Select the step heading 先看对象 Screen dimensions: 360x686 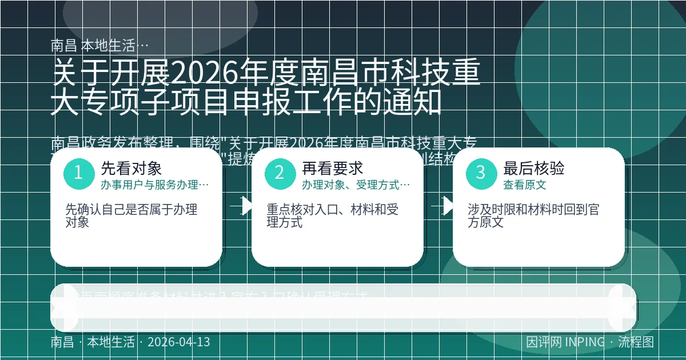click(131, 168)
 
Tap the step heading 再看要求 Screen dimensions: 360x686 click(332, 168)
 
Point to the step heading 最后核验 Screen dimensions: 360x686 click(533, 168)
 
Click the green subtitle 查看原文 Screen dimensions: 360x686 click(524, 185)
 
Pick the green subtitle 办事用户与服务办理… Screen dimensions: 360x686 click(154, 185)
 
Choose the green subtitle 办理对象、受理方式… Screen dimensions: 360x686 click(356, 185)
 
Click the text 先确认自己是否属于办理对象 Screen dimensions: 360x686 click(131, 216)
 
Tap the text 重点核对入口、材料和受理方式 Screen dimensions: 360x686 click(333, 216)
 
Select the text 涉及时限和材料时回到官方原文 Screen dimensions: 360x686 click(533, 216)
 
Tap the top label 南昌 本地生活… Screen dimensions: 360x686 click(100, 45)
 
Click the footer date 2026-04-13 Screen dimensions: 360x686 click(178, 342)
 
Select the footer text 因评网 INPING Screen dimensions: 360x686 click(565, 342)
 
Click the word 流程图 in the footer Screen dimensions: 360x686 click(636, 342)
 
